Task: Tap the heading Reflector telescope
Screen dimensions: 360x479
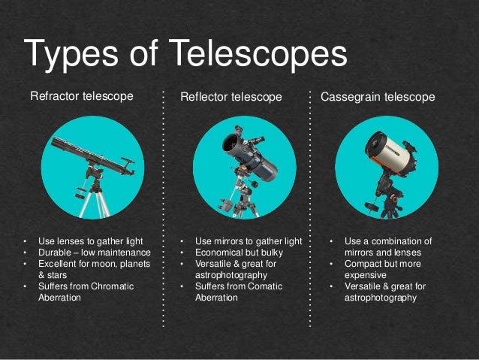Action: (x=231, y=97)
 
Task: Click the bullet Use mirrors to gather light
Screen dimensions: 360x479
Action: (x=248, y=241)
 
